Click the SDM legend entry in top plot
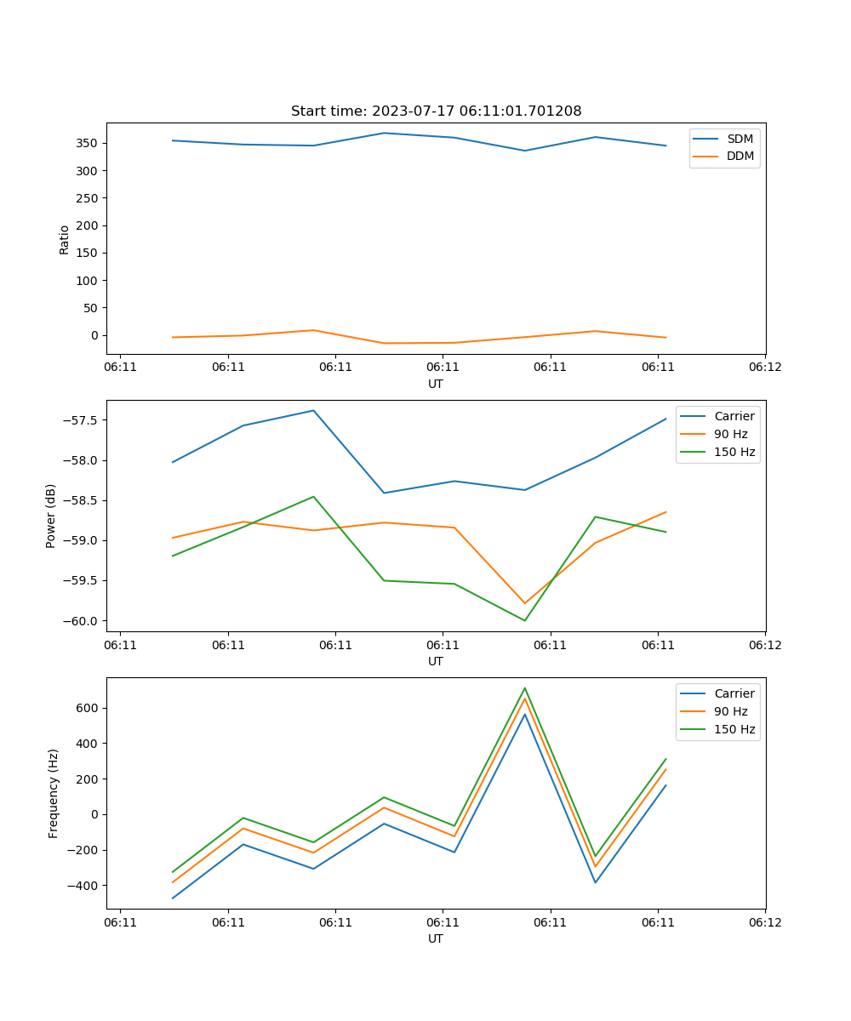tap(740, 139)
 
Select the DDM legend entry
tap(740, 156)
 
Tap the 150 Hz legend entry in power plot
tap(734, 452)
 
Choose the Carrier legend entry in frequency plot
tap(734, 693)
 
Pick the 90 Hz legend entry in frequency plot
tap(730, 711)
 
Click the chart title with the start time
tap(436, 111)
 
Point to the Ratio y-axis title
tap(65, 239)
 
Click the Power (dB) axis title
tap(51, 516)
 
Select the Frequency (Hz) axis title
tap(54, 793)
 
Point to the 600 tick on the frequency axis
tap(88, 708)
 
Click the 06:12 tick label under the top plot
tap(765, 368)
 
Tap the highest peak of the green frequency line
tap(524, 687)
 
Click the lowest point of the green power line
tap(524, 620)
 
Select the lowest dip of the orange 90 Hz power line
tap(524, 603)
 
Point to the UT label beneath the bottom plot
tap(436, 938)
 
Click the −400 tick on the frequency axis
tap(84, 886)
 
